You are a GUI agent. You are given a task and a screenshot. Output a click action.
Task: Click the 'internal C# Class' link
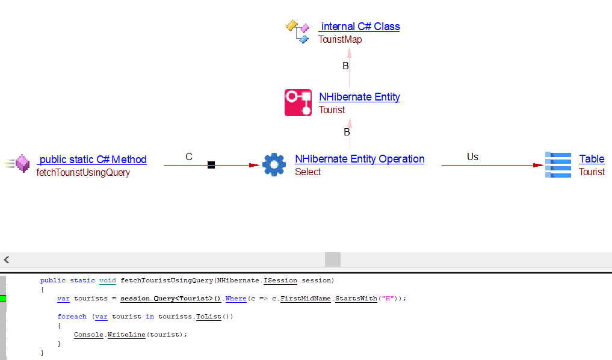coord(360,26)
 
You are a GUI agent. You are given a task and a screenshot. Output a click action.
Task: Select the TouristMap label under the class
coord(340,40)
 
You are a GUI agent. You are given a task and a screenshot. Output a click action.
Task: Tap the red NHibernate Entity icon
coord(298,102)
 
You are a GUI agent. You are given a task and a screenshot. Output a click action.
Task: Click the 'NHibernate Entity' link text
coord(359,97)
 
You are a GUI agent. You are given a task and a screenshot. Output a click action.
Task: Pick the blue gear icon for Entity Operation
coord(274,164)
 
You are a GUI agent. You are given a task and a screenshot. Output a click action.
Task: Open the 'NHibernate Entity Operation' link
coord(359,159)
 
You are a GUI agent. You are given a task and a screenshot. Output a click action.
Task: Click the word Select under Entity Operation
coord(308,172)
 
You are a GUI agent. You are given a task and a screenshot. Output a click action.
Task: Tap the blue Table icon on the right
coord(558,165)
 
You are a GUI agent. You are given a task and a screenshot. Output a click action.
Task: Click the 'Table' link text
coord(592,159)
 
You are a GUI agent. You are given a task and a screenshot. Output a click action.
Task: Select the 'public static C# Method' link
coord(93,160)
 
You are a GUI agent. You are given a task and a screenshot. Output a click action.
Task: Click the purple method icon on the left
coord(22,164)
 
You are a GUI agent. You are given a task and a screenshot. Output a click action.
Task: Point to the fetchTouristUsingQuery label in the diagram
coord(83,173)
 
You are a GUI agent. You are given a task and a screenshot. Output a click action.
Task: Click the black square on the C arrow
coord(211,165)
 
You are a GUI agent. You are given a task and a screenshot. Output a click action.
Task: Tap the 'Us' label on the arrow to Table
coord(472,157)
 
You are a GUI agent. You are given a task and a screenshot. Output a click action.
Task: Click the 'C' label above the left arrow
coord(189,157)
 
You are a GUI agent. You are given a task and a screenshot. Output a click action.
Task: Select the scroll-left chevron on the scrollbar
coord(7,260)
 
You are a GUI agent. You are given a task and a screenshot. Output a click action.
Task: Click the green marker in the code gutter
coord(2,299)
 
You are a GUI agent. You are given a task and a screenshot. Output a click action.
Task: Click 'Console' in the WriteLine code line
coord(88,335)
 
